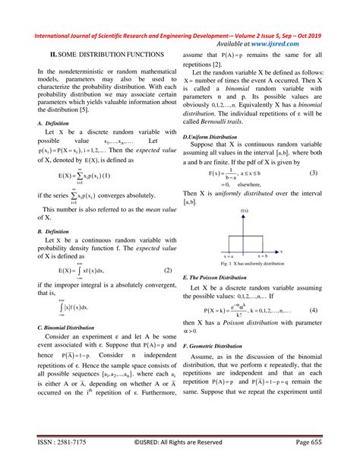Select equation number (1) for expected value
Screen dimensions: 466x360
(131, 176)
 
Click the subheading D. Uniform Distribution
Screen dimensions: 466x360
(210, 136)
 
